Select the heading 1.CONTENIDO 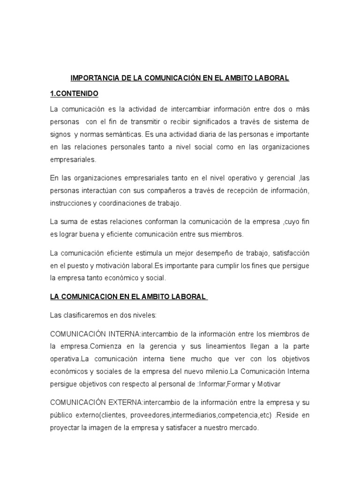point(74,94)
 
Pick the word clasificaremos point(90,315)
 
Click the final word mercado point(242,428)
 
